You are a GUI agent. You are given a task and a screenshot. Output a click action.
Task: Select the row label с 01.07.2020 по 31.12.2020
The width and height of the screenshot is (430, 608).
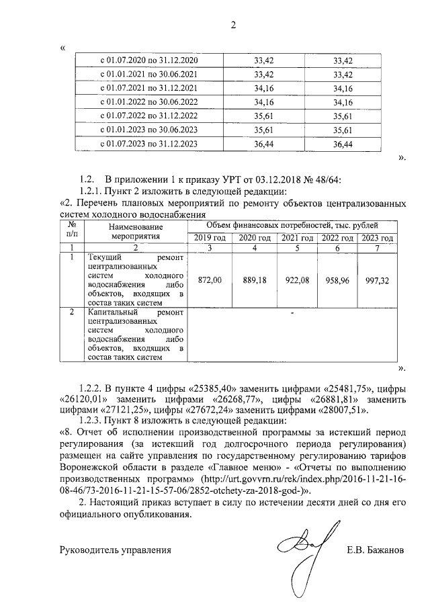(148, 60)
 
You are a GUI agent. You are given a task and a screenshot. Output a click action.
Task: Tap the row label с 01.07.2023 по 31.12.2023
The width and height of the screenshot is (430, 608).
(148, 144)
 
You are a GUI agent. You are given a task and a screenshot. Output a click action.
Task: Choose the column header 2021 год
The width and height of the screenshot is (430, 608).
(296, 238)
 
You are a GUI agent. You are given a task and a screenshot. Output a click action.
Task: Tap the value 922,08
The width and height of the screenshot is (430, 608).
(296, 279)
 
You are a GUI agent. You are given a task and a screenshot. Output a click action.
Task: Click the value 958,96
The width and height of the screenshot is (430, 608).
(337, 279)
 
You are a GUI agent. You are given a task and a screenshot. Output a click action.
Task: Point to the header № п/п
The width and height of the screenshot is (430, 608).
(72, 232)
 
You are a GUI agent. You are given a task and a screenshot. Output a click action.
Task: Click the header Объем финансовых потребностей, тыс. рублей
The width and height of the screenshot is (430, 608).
(292, 226)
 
